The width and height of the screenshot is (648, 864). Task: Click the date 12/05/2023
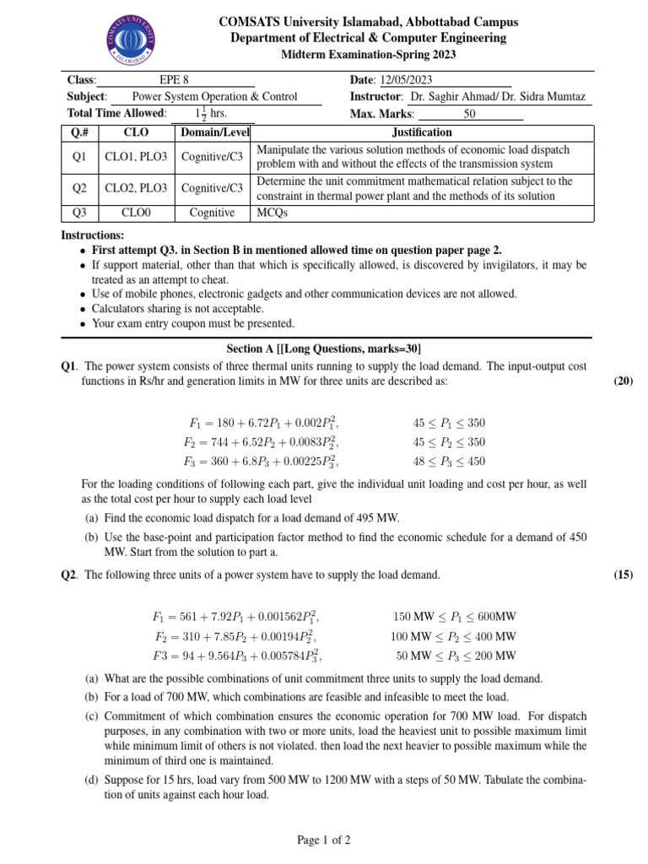pyautogui.click(x=405, y=80)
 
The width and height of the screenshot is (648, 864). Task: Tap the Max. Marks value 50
pyautogui.click(x=470, y=114)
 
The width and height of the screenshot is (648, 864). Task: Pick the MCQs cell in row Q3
pyautogui.click(x=272, y=213)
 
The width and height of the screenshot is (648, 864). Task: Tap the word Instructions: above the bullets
pyautogui.click(x=93, y=235)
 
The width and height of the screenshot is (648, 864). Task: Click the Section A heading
pyautogui.click(x=324, y=348)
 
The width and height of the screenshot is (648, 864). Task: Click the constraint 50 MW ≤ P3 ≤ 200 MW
pyautogui.click(x=456, y=656)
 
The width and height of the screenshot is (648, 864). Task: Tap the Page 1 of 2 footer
pyautogui.click(x=324, y=840)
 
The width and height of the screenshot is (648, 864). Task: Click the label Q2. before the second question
pyautogui.click(x=69, y=575)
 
